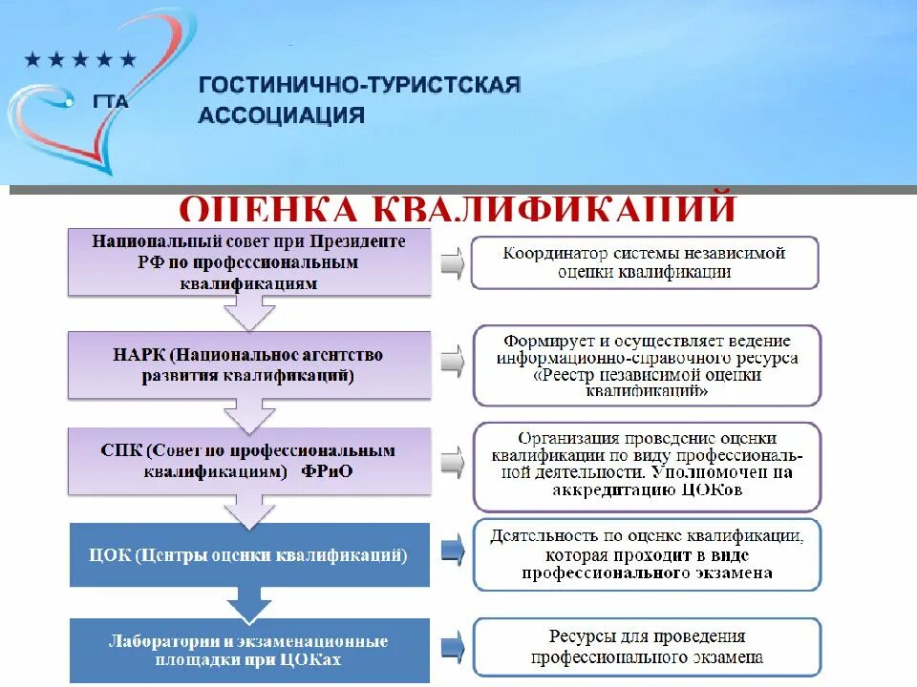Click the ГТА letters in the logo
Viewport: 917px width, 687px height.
point(111,102)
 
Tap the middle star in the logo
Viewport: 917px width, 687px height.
point(81,60)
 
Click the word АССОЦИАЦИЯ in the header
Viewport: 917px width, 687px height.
point(281,115)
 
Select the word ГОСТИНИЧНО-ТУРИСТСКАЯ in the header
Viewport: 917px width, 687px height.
point(359,86)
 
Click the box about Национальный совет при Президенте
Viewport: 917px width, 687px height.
point(248,261)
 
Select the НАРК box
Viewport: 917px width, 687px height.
point(248,364)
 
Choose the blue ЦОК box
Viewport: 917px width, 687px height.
point(248,554)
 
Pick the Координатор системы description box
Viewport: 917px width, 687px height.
point(644,261)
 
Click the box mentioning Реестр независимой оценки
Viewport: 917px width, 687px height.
point(646,364)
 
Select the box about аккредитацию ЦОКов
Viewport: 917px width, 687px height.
point(646,467)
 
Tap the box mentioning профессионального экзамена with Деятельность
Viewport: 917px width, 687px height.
point(646,554)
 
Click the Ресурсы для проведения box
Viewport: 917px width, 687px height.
point(646,647)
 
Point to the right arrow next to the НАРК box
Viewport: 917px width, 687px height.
point(452,362)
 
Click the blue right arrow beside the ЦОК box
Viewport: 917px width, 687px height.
point(452,551)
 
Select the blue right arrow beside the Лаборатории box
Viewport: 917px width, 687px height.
point(452,644)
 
